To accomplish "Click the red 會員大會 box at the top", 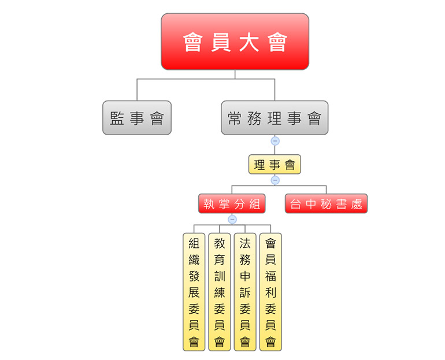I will (235, 42).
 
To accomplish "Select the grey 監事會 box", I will (137, 118).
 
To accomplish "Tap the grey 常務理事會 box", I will (275, 118).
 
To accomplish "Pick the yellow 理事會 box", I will (275, 165).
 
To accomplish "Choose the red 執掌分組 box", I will (232, 203).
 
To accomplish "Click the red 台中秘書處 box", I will (326, 203).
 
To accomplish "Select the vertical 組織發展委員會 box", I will (194, 292).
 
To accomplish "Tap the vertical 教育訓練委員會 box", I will (220, 292).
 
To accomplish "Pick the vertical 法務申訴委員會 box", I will (245, 292).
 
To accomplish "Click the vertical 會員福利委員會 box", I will (270, 292).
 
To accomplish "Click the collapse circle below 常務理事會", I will (275, 140).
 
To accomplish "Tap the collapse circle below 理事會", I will (275, 180).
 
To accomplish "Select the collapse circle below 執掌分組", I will (232, 219).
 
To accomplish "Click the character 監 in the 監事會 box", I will (117, 118).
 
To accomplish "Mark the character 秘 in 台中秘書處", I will (326, 204).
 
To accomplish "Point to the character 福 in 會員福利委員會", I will (270, 276).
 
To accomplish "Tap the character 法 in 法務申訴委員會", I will (245, 243).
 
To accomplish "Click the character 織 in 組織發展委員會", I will (194, 259).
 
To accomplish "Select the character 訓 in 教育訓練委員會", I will (220, 276).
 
